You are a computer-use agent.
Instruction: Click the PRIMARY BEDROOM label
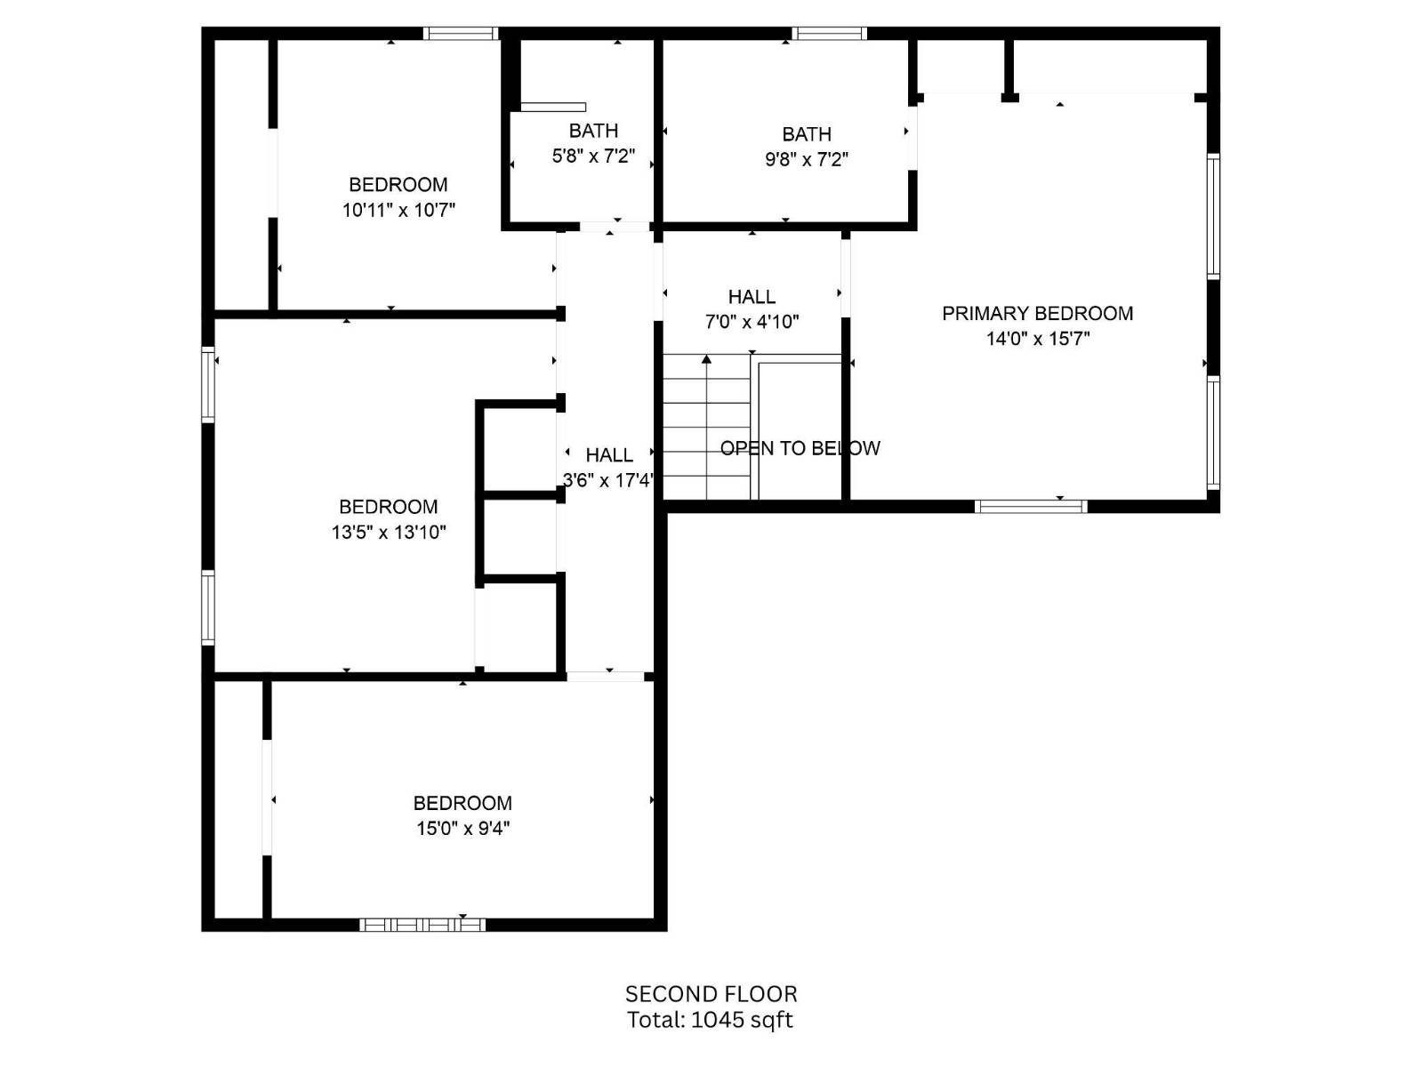[1037, 313]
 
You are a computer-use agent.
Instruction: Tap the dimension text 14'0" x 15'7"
[1037, 339]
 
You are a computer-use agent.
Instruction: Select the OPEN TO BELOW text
[800, 448]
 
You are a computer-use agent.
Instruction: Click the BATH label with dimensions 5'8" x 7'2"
[593, 131]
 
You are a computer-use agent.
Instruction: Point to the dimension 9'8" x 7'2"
[806, 160]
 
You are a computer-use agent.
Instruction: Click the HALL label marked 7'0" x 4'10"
[752, 297]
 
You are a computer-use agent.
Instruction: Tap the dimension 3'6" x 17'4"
[608, 481]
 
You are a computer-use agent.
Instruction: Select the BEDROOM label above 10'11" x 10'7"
[398, 185]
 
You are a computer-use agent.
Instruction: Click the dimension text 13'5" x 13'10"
[389, 533]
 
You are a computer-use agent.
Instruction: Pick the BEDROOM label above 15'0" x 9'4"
[462, 803]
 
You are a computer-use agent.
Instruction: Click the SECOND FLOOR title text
[711, 994]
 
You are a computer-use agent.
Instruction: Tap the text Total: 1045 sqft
[710, 1020]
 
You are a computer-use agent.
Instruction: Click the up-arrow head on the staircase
[706, 360]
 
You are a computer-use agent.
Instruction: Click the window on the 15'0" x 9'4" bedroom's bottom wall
[422, 925]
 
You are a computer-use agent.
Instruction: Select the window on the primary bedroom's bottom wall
[1031, 507]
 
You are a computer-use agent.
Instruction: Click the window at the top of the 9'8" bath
[829, 34]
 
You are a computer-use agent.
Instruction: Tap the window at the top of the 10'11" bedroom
[460, 34]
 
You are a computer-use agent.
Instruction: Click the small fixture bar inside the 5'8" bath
[552, 107]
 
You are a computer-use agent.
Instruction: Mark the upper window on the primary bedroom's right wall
[1213, 215]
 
